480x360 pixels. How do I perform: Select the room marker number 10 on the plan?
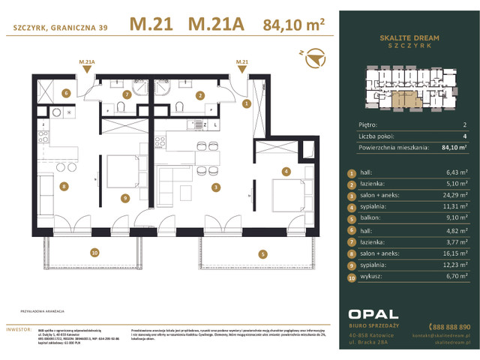[x=94, y=252]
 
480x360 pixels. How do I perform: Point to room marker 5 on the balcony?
[x=263, y=254]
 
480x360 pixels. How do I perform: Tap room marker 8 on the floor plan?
[x=64, y=186]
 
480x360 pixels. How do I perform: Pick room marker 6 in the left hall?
[x=66, y=94]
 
